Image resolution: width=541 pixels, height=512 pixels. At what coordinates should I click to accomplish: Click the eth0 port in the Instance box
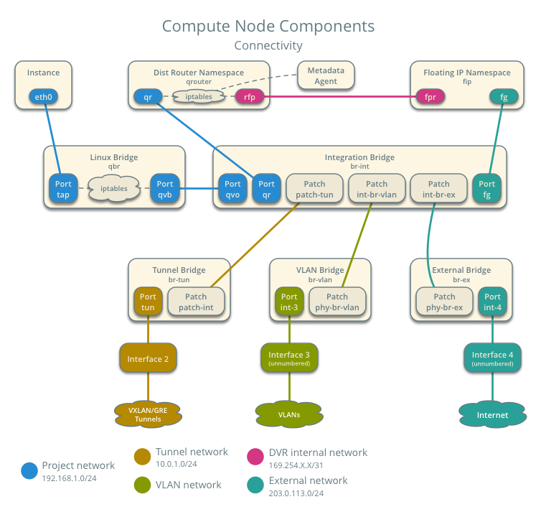43,97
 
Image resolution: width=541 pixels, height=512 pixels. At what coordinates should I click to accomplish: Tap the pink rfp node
250,97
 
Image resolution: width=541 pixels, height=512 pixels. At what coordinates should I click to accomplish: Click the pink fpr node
431,97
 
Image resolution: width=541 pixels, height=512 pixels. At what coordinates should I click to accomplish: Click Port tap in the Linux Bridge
63,189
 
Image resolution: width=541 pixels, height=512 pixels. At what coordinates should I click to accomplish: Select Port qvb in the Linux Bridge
165,189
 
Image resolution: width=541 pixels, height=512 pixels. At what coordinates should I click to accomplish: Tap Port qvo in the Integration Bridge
232,189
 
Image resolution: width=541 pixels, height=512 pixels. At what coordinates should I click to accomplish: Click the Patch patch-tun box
314,189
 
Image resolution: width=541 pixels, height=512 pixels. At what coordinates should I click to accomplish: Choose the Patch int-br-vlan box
377,189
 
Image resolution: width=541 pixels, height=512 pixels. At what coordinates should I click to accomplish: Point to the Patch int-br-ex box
438,189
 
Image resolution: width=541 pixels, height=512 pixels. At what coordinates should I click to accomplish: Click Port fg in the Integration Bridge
487,189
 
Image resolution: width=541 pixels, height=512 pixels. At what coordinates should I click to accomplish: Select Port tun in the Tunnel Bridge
148,302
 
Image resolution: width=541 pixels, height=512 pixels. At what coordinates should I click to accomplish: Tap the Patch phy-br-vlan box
337,302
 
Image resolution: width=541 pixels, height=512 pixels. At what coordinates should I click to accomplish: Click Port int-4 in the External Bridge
492,302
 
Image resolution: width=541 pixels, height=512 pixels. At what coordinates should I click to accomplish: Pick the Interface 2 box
148,358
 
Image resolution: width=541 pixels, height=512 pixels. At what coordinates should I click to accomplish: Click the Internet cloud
492,414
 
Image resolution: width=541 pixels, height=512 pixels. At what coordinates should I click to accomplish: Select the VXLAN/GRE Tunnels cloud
148,414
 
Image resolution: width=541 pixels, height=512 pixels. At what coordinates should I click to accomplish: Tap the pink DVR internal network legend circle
255,455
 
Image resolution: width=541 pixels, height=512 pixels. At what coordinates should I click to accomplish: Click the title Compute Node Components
268,27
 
